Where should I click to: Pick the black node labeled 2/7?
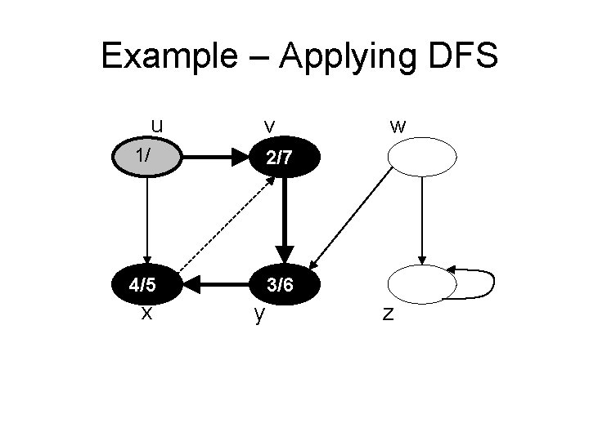point(283,157)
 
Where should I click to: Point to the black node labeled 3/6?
point(283,286)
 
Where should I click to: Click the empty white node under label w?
point(421,157)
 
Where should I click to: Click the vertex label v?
point(268,127)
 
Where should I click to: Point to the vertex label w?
point(398,127)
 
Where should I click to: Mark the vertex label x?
point(145,312)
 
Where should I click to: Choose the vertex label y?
point(259,314)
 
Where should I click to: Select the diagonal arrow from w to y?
point(352,216)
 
